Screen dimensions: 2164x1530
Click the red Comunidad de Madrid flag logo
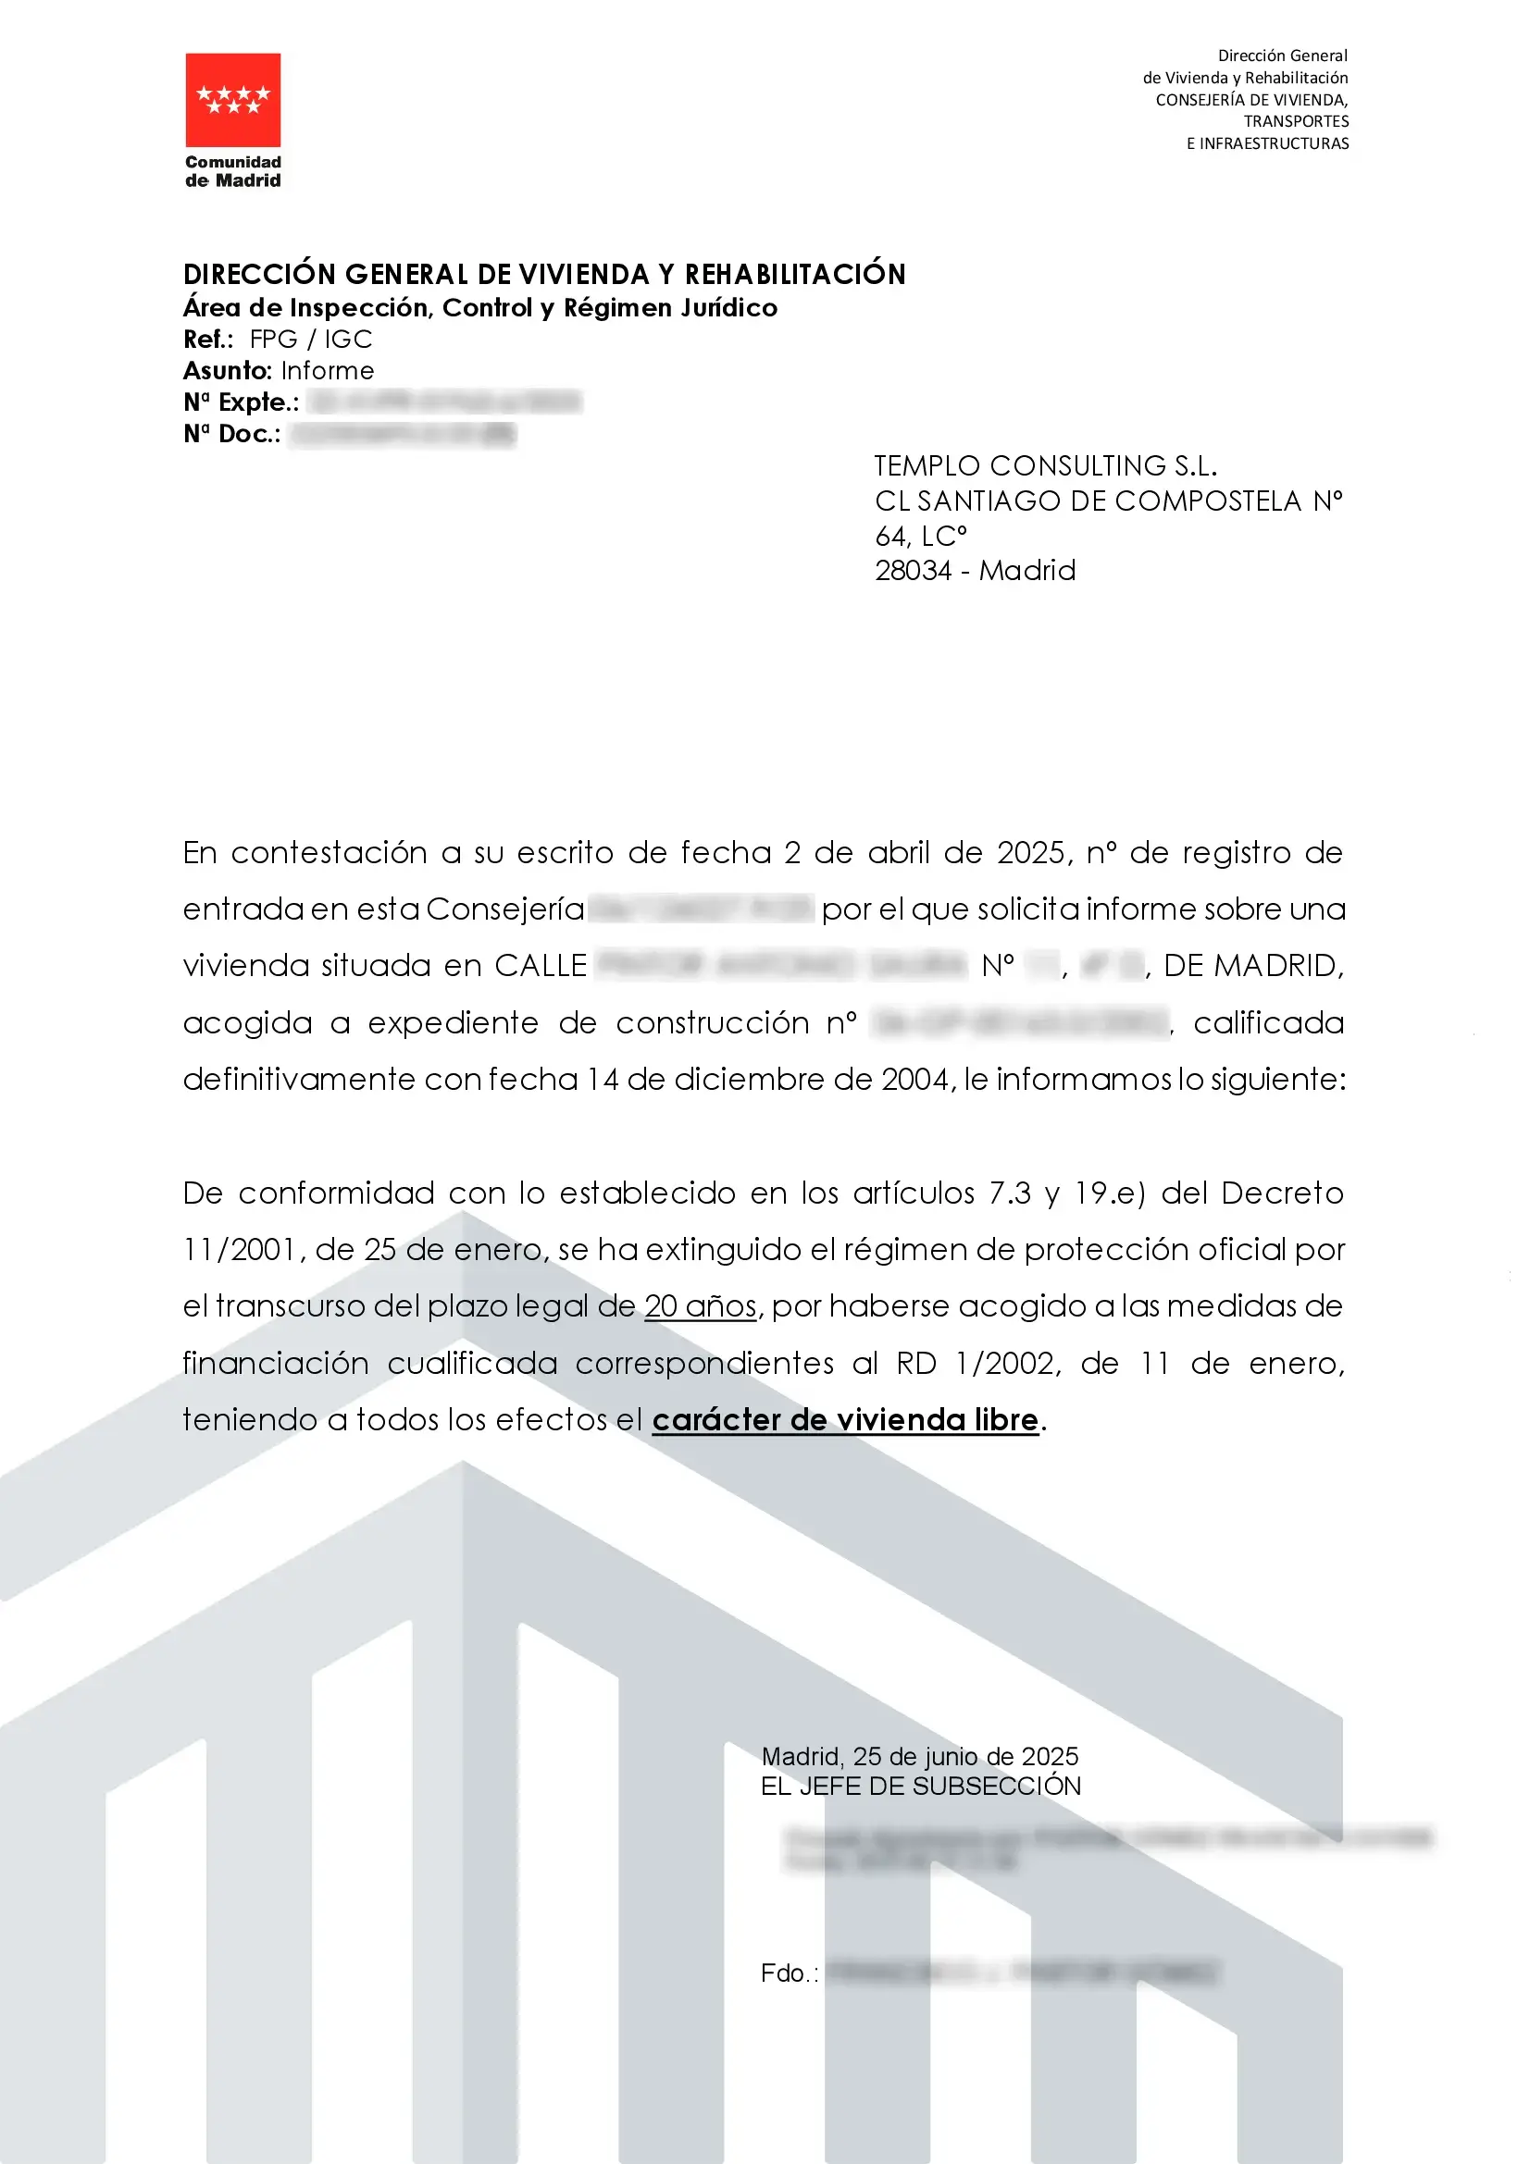tap(233, 100)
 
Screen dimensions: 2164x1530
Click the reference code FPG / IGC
tap(311, 340)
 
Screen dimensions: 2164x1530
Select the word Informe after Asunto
tap(327, 370)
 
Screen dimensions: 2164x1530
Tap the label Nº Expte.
tap(242, 402)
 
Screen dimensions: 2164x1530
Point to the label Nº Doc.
tap(232, 434)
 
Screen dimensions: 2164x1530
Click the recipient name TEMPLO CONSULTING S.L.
tap(1045, 465)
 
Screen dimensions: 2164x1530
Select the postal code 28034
tap(913, 570)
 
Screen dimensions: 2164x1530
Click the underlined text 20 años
tap(701, 1306)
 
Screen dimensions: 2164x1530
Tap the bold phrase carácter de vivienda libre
tap(845, 1419)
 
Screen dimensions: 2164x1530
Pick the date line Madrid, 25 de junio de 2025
tap(919, 1757)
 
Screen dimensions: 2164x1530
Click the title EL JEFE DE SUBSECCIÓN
tap(920, 1786)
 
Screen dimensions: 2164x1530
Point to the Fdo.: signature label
tap(789, 1972)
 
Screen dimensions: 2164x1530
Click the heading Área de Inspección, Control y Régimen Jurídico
tap(479, 307)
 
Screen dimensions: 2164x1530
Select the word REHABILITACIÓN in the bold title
tap(795, 274)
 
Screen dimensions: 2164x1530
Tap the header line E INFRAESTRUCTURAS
tap(1267, 143)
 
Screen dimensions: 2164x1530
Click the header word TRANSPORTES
tap(1295, 121)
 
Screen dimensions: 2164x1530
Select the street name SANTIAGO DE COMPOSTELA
tap(1109, 501)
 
